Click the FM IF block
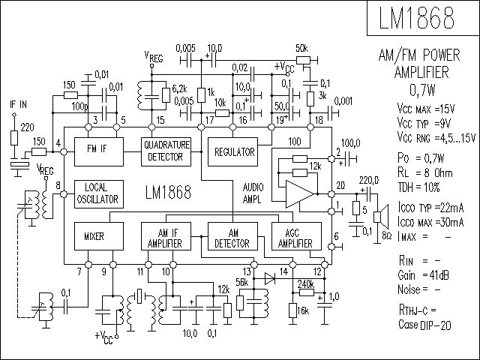pos(99,151)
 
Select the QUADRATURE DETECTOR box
pos(166,151)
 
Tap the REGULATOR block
pos(232,151)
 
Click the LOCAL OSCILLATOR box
pos(99,194)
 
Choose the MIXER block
pos(99,236)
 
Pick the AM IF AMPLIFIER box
pos(166,236)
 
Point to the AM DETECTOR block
pos(232,236)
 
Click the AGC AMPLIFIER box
pos(296,236)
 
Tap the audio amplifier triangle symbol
pos(300,194)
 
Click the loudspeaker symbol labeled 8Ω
pos(380,217)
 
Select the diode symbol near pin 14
pos(270,278)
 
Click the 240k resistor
pos(307,292)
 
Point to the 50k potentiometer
pos(303,60)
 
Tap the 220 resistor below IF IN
pos(14,138)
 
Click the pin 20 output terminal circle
pos(331,194)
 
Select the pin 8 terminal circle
pos(64,194)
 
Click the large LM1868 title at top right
pos(417,17)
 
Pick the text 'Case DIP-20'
pos(424,325)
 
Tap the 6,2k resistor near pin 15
pos(166,95)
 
